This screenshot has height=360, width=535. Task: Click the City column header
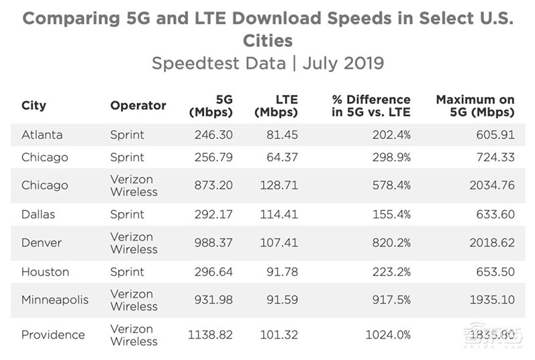pos(33,106)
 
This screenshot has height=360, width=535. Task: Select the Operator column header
pos(138,106)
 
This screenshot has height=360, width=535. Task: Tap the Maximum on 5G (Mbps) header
pos(475,106)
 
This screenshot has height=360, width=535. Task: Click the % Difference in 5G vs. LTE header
pos(371,106)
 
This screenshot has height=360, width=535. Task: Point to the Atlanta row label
pos(42,134)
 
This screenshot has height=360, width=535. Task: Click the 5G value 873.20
pos(211,185)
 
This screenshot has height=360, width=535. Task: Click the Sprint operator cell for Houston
pos(127,272)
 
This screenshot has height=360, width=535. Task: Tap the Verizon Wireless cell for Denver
pos(132,243)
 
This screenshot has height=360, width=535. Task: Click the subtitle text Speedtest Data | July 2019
pos(267,64)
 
